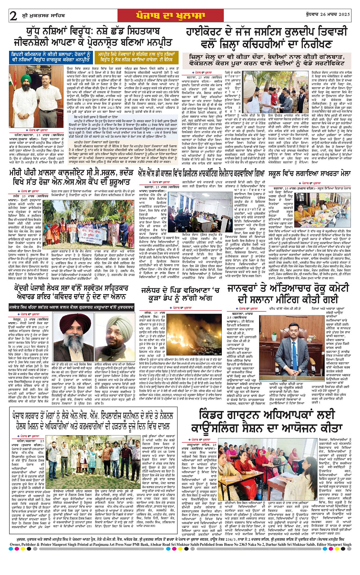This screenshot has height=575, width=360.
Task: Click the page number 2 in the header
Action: pyautogui.click(x=14, y=16)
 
